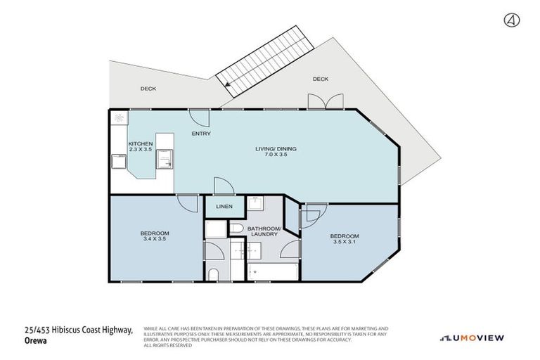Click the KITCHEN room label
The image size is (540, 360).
point(140,143)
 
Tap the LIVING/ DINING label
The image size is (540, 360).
point(275,148)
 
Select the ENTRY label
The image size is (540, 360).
point(201,134)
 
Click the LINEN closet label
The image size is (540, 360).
point(224,207)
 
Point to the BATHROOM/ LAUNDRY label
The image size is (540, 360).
point(264,231)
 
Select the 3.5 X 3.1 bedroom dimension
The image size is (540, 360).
point(345,241)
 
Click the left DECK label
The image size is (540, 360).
point(148,89)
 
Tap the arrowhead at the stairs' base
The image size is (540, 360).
point(228,85)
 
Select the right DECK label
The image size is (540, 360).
point(320,79)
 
